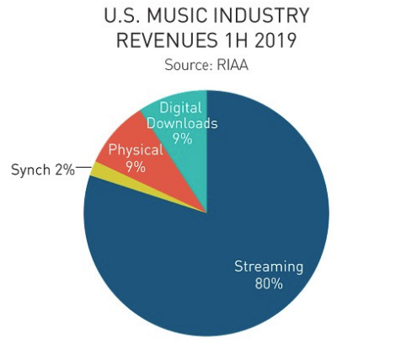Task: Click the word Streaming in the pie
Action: pos(269,267)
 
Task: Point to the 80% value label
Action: pos(269,283)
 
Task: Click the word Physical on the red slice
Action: pos(136,150)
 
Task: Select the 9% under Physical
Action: pos(136,167)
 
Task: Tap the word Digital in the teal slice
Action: pos(180,108)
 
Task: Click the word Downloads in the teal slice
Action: pos(182,124)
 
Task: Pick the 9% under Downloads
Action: pos(183,139)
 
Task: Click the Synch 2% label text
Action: pos(43,170)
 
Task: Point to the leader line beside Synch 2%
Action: pos(83,167)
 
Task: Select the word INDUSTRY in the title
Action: pos(261,15)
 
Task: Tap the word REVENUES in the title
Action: pos(167,40)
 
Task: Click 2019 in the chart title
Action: pos(275,40)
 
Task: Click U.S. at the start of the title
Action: pos(123,15)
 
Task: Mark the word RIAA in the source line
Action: pos(233,65)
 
